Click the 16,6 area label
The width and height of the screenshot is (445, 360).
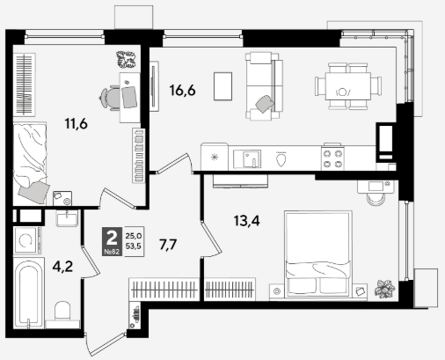pyautogui.click(x=182, y=91)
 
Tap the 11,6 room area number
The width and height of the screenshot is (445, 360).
pyautogui.click(x=77, y=124)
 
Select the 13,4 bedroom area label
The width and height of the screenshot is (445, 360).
pyautogui.click(x=247, y=221)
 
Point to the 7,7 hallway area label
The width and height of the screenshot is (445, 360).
pyautogui.click(x=168, y=245)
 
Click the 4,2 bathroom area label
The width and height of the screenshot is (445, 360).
pyautogui.click(x=62, y=267)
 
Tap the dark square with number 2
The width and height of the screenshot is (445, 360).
pyautogui.click(x=112, y=241)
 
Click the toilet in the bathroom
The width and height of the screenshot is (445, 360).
pyautogui.click(x=62, y=311)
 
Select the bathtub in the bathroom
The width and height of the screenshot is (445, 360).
pyautogui.click(x=29, y=293)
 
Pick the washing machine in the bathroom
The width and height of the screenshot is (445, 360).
pyautogui.click(x=26, y=240)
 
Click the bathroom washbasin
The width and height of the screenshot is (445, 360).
pyautogui.click(x=67, y=218)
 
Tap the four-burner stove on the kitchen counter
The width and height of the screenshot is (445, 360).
pyautogui.click(x=332, y=158)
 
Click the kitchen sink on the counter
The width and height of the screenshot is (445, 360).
pyautogui.click(x=247, y=158)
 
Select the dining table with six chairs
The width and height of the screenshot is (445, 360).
pyautogui.click(x=348, y=86)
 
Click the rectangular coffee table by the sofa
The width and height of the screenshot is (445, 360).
pyautogui.click(x=223, y=86)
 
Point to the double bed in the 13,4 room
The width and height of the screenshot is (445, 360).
pyautogui.click(x=318, y=253)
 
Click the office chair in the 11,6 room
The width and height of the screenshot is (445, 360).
pyautogui.click(x=110, y=98)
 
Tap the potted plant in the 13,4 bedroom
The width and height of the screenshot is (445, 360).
pyautogui.click(x=384, y=289)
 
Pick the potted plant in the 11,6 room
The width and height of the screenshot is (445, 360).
pyautogui.click(x=127, y=59)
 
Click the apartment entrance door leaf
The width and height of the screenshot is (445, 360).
pyautogui.click(x=106, y=344)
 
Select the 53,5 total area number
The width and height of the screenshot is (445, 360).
pyautogui.click(x=134, y=246)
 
